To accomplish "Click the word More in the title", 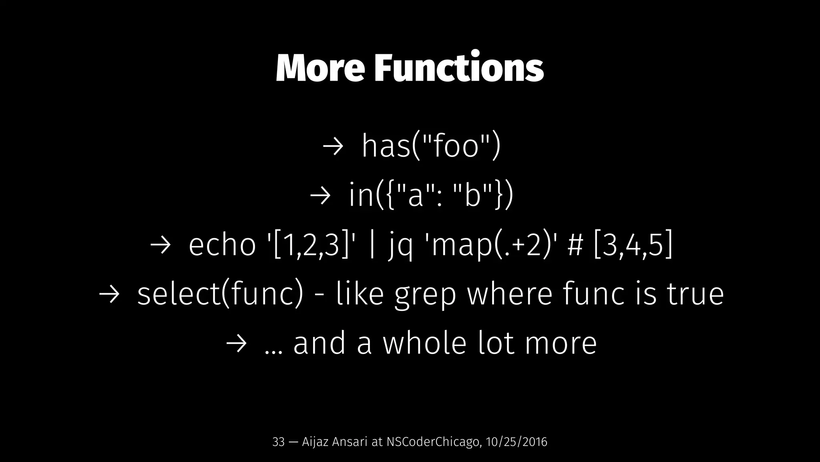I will pos(320,68).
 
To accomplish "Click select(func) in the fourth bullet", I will pos(220,294).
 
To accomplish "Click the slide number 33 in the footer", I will pos(278,442).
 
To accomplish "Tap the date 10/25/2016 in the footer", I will pos(516,442).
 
